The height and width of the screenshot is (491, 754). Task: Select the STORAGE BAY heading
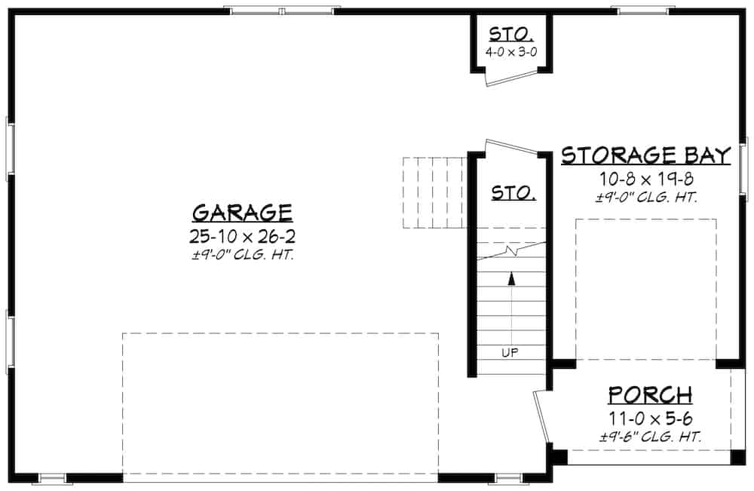(x=646, y=156)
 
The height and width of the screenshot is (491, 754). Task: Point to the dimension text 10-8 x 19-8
(x=645, y=180)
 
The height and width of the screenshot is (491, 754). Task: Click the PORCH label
(x=649, y=394)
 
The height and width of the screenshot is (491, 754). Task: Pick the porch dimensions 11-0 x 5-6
(x=649, y=417)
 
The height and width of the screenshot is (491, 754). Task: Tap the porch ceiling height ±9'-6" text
(x=649, y=437)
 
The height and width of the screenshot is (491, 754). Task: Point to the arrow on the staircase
(x=511, y=278)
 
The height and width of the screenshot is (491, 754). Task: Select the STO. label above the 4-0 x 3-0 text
(x=512, y=34)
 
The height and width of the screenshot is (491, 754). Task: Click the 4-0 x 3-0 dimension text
(x=512, y=54)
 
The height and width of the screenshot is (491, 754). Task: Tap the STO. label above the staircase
(x=513, y=193)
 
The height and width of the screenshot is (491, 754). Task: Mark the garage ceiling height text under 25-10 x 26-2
(x=241, y=256)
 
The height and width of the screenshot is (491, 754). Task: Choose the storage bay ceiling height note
(x=646, y=198)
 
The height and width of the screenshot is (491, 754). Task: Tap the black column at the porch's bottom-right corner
(x=737, y=457)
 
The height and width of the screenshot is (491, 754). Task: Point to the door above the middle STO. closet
(x=513, y=148)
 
